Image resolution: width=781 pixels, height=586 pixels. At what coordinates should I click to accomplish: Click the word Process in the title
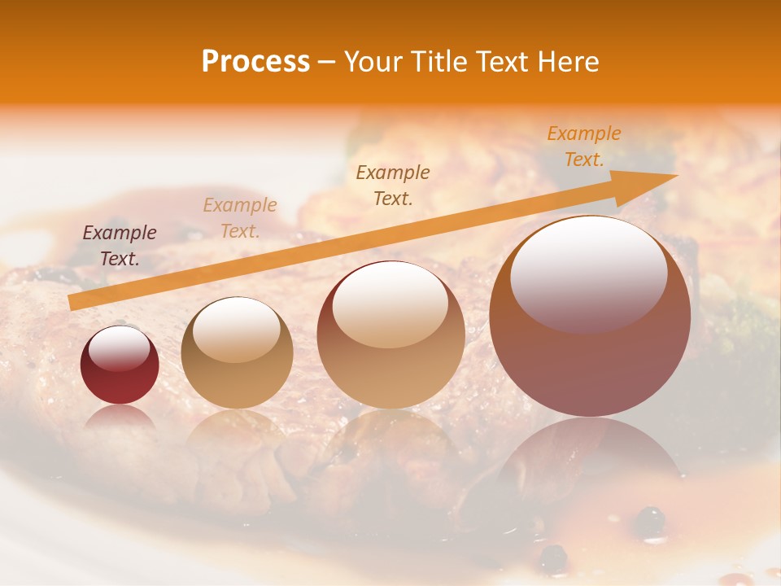255,62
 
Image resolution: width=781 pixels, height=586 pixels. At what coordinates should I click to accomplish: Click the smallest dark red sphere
120,365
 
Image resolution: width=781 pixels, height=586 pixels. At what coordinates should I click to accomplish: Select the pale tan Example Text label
240,218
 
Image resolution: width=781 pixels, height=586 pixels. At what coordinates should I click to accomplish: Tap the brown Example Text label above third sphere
393,185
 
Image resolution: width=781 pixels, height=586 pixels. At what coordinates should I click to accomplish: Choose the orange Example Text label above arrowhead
583,146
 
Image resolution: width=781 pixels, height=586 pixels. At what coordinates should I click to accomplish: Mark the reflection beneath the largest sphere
590,456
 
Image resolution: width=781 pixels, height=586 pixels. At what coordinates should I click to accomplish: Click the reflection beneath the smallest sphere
120,417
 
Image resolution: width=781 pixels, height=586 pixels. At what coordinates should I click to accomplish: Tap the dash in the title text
327,62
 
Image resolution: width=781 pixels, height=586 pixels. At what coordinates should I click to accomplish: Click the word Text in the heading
503,62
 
